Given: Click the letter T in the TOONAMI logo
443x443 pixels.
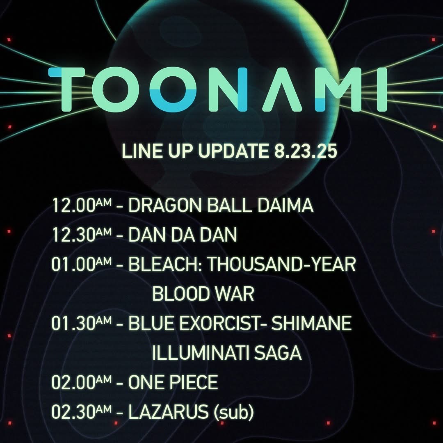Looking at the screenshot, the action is (x=68, y=89).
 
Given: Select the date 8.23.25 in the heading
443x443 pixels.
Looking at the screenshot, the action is (x=306, y=151).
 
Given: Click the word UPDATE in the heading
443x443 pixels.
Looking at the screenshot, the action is (x=233, y=151).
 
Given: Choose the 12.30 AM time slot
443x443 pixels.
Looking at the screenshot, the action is (x=82, y=235).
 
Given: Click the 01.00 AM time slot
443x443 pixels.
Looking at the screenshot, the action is (x=82, y=264).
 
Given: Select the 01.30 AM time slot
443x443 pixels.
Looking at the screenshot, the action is (x=82, y=323).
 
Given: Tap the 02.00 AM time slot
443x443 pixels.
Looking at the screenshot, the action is (x=82, y=382).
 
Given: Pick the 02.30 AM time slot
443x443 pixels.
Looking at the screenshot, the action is (x=82, y=412).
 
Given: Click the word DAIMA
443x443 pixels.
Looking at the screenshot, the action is (x=285, y=205).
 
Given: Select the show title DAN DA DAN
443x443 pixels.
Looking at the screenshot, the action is (x=183, y=235).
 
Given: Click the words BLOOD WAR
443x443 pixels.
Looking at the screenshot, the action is (x=203, y=294).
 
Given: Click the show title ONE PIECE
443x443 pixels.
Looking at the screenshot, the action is (x=173, y=382).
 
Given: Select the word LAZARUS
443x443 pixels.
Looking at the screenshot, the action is (x=169, y=412).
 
